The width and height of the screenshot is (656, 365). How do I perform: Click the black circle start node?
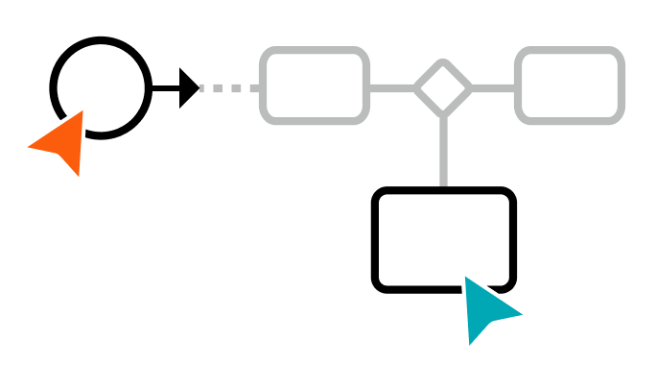[x=101, y=87]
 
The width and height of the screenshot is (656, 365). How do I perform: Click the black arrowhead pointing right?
[x=189, y=88]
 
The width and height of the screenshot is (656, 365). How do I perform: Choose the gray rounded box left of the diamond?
[x=315, y=86]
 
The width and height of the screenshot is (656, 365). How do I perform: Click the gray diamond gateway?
[x=443, y=88]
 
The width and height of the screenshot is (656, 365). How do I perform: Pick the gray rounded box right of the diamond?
[x=570, y=86]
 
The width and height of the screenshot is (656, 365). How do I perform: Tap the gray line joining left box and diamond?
[x=391, y=88]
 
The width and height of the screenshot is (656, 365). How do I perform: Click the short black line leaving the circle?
[x=165, y=88]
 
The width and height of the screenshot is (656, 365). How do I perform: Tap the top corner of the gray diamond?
[x=443, y=62]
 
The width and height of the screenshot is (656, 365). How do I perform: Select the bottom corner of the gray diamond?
[x=443, y=115]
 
